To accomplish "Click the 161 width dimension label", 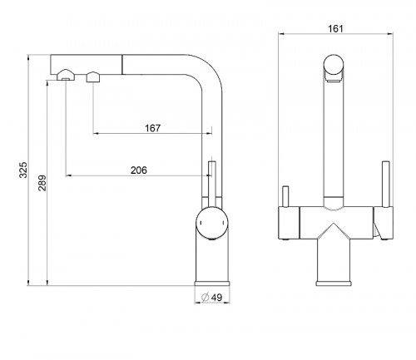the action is coord(335,28).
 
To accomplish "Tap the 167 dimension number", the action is coord(152,128).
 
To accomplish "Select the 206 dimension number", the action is coord(139,170).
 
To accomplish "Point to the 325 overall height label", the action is coord(23,170).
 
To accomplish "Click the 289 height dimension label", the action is coord(42,183).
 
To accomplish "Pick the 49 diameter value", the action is coord(216,298).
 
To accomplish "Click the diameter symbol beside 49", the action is coord(206,297).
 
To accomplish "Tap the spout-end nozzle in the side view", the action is coord(66,75).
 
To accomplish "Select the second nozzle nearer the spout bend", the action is coord(93,76).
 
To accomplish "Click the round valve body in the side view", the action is coord(212,223).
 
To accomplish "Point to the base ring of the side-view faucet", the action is coord(212,284).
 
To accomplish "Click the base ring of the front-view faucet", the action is coord(334,284).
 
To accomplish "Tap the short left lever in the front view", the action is coord(285,196).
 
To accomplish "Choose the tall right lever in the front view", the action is coord(386,184).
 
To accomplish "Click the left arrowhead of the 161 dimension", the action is coord(281,34).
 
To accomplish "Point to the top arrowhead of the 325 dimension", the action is coord(28,57).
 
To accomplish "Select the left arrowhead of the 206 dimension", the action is coord(68,175).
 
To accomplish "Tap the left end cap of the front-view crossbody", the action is coord(289,223).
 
